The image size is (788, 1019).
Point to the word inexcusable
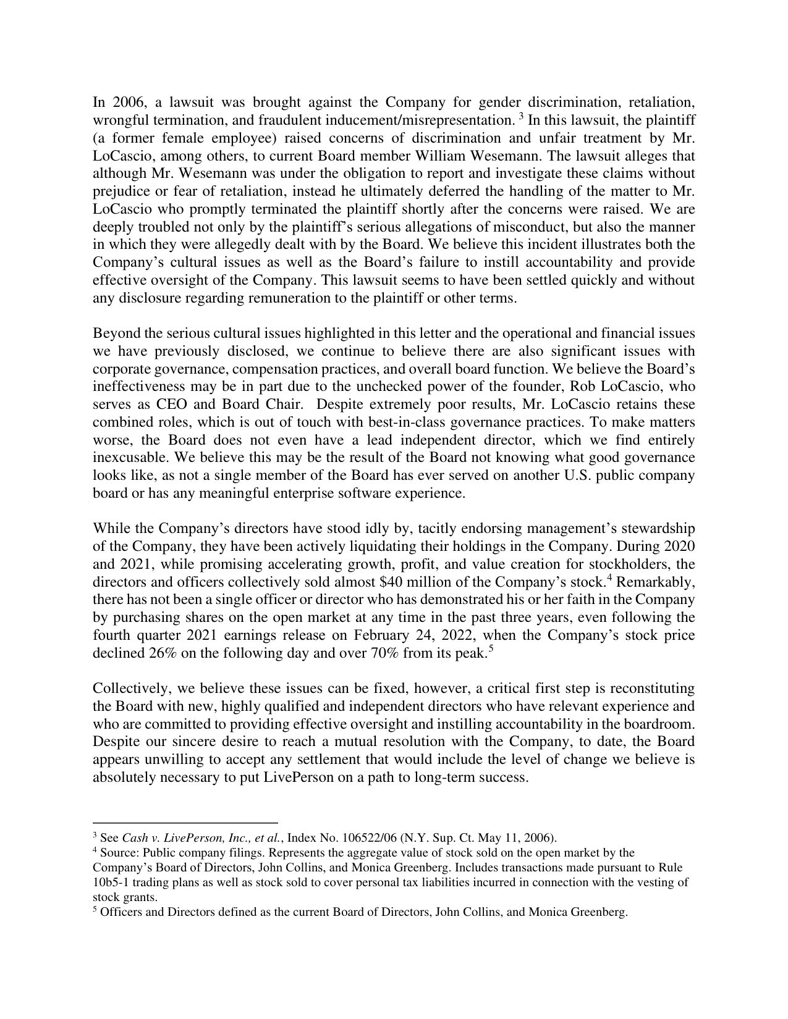(x=127, y=458)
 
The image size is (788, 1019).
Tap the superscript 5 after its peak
(x=490, y=649)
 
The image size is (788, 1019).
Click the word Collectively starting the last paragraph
(x=129, y=689)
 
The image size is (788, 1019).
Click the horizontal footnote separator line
(x=185, y=823)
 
